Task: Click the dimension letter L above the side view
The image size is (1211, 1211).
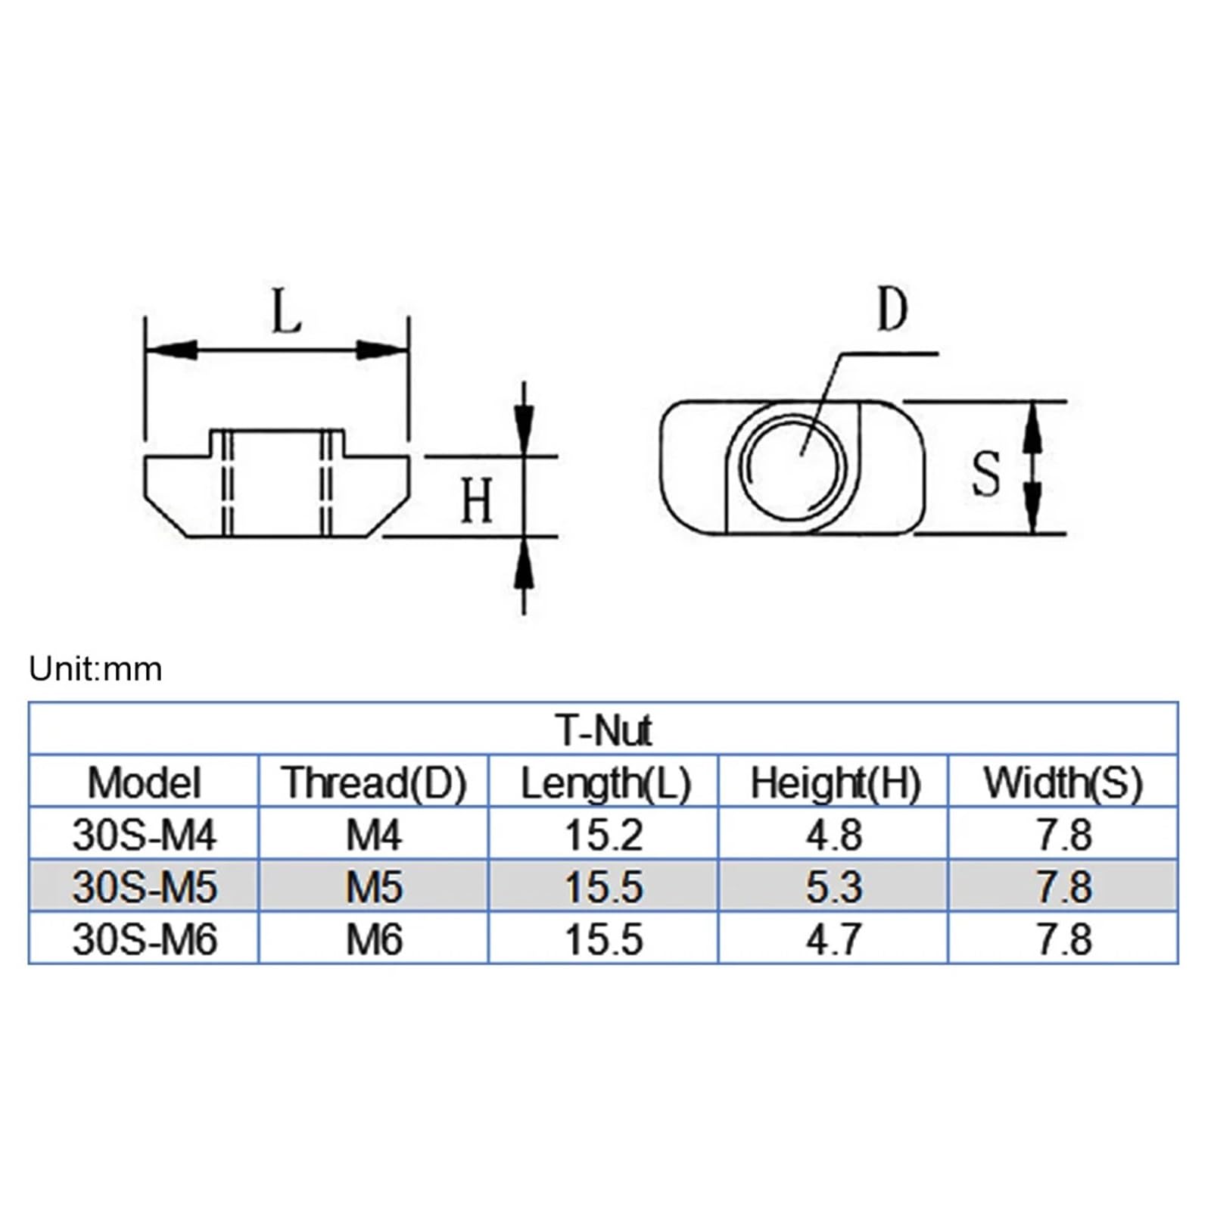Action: pyautogui.click(x=286, y=313)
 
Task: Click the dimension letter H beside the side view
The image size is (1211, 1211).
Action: pyautogui.click(x=477, y=500)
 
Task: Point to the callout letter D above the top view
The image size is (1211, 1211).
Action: pyautogui.click(x=892, y=310)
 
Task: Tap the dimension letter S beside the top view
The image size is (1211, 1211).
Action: pyautogui.click(x=985, y=475)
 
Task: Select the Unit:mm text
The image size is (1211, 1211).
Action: pyautogui.click(x=95, y=669)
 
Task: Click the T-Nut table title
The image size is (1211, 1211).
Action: pyautogui.click(x=603, y=730)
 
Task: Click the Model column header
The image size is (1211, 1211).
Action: pyautogui.click(x=144, y=783)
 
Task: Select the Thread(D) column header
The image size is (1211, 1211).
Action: pyautogui.click(x=374, y=783)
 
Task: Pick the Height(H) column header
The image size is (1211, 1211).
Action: pyautogui.click(x=835, y=783)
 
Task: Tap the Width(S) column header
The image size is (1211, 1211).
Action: pyautogui.click(x=1063, y=783)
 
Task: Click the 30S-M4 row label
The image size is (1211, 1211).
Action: pyautogui.click(x=144, y=835)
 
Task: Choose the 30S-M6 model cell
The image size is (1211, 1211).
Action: pyautogui.click(x=144, y=939)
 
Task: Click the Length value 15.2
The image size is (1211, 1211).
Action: pyautogui.click(x=603, y=835)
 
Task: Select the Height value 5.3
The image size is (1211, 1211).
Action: pyautogui.click(x=833, y=887)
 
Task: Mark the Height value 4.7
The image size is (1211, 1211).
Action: pyautogui.click(x=833, y=939)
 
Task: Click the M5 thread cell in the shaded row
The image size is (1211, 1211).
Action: pyautogui.click(x=374, y=887)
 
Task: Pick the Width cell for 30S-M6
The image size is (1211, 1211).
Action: pyautogui.click(x=1063, y=939)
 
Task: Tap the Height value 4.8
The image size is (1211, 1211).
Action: pyautogui.click(x=833, y=835)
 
